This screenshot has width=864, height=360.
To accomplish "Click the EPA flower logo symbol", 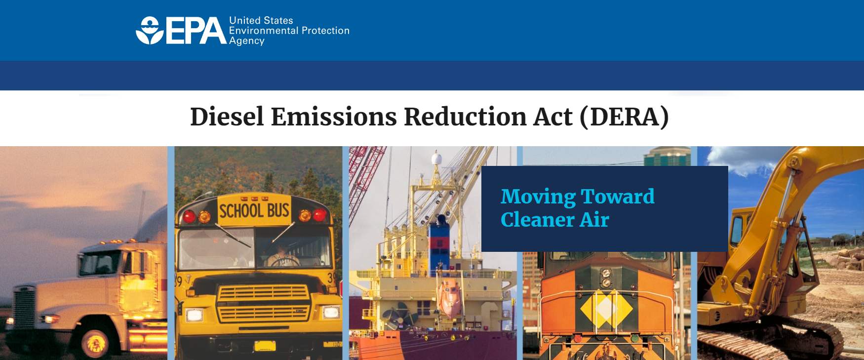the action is coord(150,31).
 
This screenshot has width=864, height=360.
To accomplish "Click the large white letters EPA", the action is coord(196,31).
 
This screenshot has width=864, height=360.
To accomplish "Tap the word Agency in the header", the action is coord(247,41).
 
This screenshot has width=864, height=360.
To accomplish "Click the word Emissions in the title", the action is coord(334,117).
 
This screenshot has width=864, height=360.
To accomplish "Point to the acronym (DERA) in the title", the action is coord(625,117).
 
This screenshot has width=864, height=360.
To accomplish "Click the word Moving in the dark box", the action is coord(538,197).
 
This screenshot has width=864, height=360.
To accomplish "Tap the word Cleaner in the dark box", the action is coord(537,220).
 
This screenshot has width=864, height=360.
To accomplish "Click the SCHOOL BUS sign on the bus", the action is coord(254,210).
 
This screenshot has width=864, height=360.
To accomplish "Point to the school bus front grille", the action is coord(264,302).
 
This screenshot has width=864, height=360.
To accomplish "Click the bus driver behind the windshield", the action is coord(281,255).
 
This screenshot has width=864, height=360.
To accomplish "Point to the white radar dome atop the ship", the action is coord(436,160).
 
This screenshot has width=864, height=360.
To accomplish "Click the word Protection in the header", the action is coord(326,31).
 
